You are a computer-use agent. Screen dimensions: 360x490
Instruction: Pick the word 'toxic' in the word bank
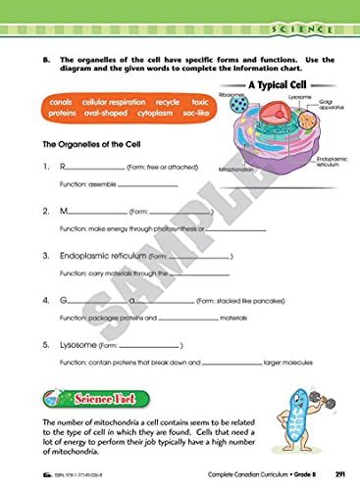[x=201, y=102]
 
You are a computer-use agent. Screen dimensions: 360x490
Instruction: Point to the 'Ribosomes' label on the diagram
[x=232, y=96]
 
